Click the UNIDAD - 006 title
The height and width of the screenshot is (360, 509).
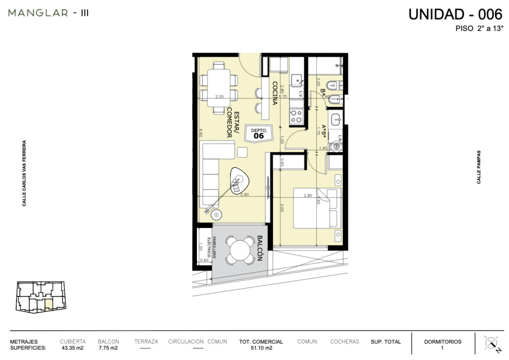pos(455,14)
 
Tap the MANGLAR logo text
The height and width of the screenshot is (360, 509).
pos(38,13)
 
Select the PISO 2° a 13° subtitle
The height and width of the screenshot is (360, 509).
pos(479,29)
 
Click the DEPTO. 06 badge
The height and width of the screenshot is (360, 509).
pos(258,133)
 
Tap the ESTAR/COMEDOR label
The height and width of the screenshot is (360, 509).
pos(233,123)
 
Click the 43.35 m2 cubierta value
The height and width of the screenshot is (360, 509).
pos(73,348)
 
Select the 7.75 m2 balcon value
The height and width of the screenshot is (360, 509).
pos(108,348)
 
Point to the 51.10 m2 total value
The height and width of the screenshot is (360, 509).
pos(261,348)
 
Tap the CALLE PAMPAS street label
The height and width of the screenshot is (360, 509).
pos(479,167)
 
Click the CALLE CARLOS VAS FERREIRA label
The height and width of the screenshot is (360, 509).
pos(25,173)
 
